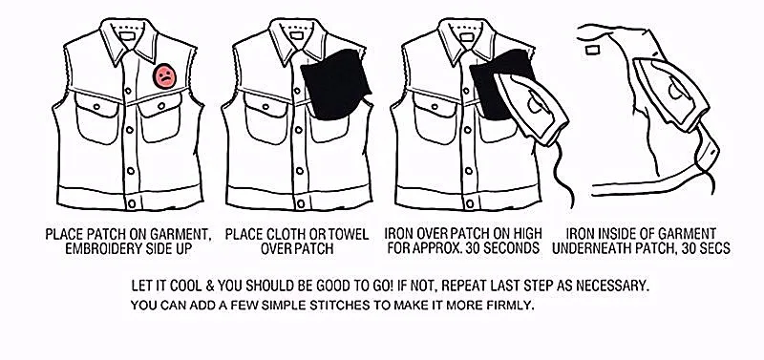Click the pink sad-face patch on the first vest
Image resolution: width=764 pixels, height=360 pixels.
[165, 77]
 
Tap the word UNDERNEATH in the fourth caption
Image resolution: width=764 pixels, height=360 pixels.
[608, 249]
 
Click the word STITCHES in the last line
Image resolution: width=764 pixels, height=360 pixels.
[312, 306]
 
